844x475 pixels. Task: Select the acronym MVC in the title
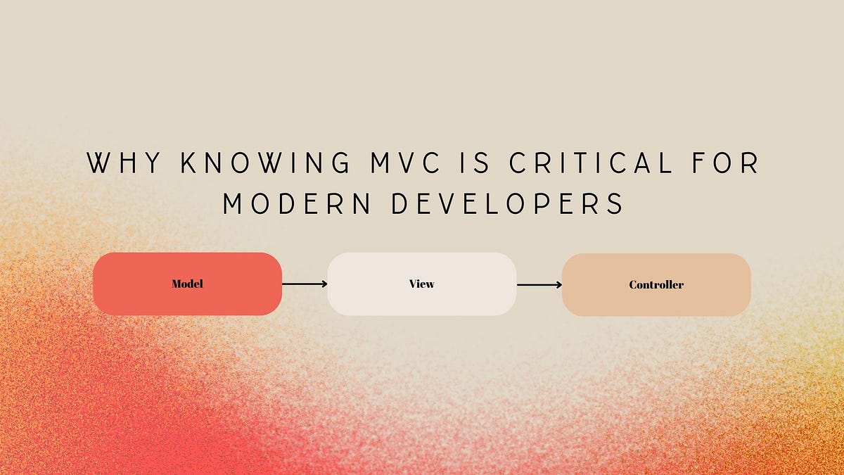coord(411,163)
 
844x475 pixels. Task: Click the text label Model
coord(187,284)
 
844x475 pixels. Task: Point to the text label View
coord(422,284)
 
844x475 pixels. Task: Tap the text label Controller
coord(656,285)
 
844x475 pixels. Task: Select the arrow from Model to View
coord(304,284)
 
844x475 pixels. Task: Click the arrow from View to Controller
coord(539,285)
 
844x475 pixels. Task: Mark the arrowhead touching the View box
coord(324,284)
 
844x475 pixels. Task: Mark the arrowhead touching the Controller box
coord(558,285)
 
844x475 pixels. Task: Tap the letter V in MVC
coord(411,163)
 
